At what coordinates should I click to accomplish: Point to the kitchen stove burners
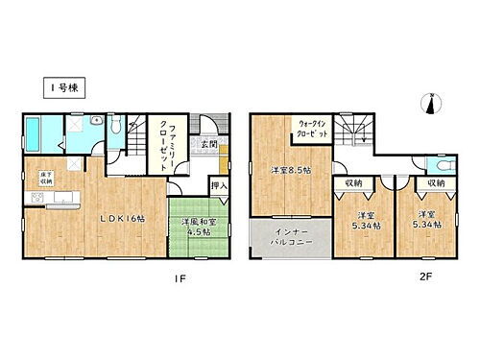click(38, 198)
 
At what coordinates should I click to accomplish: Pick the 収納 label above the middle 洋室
click(351, 182)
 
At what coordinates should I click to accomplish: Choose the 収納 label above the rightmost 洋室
click(436, 182)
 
